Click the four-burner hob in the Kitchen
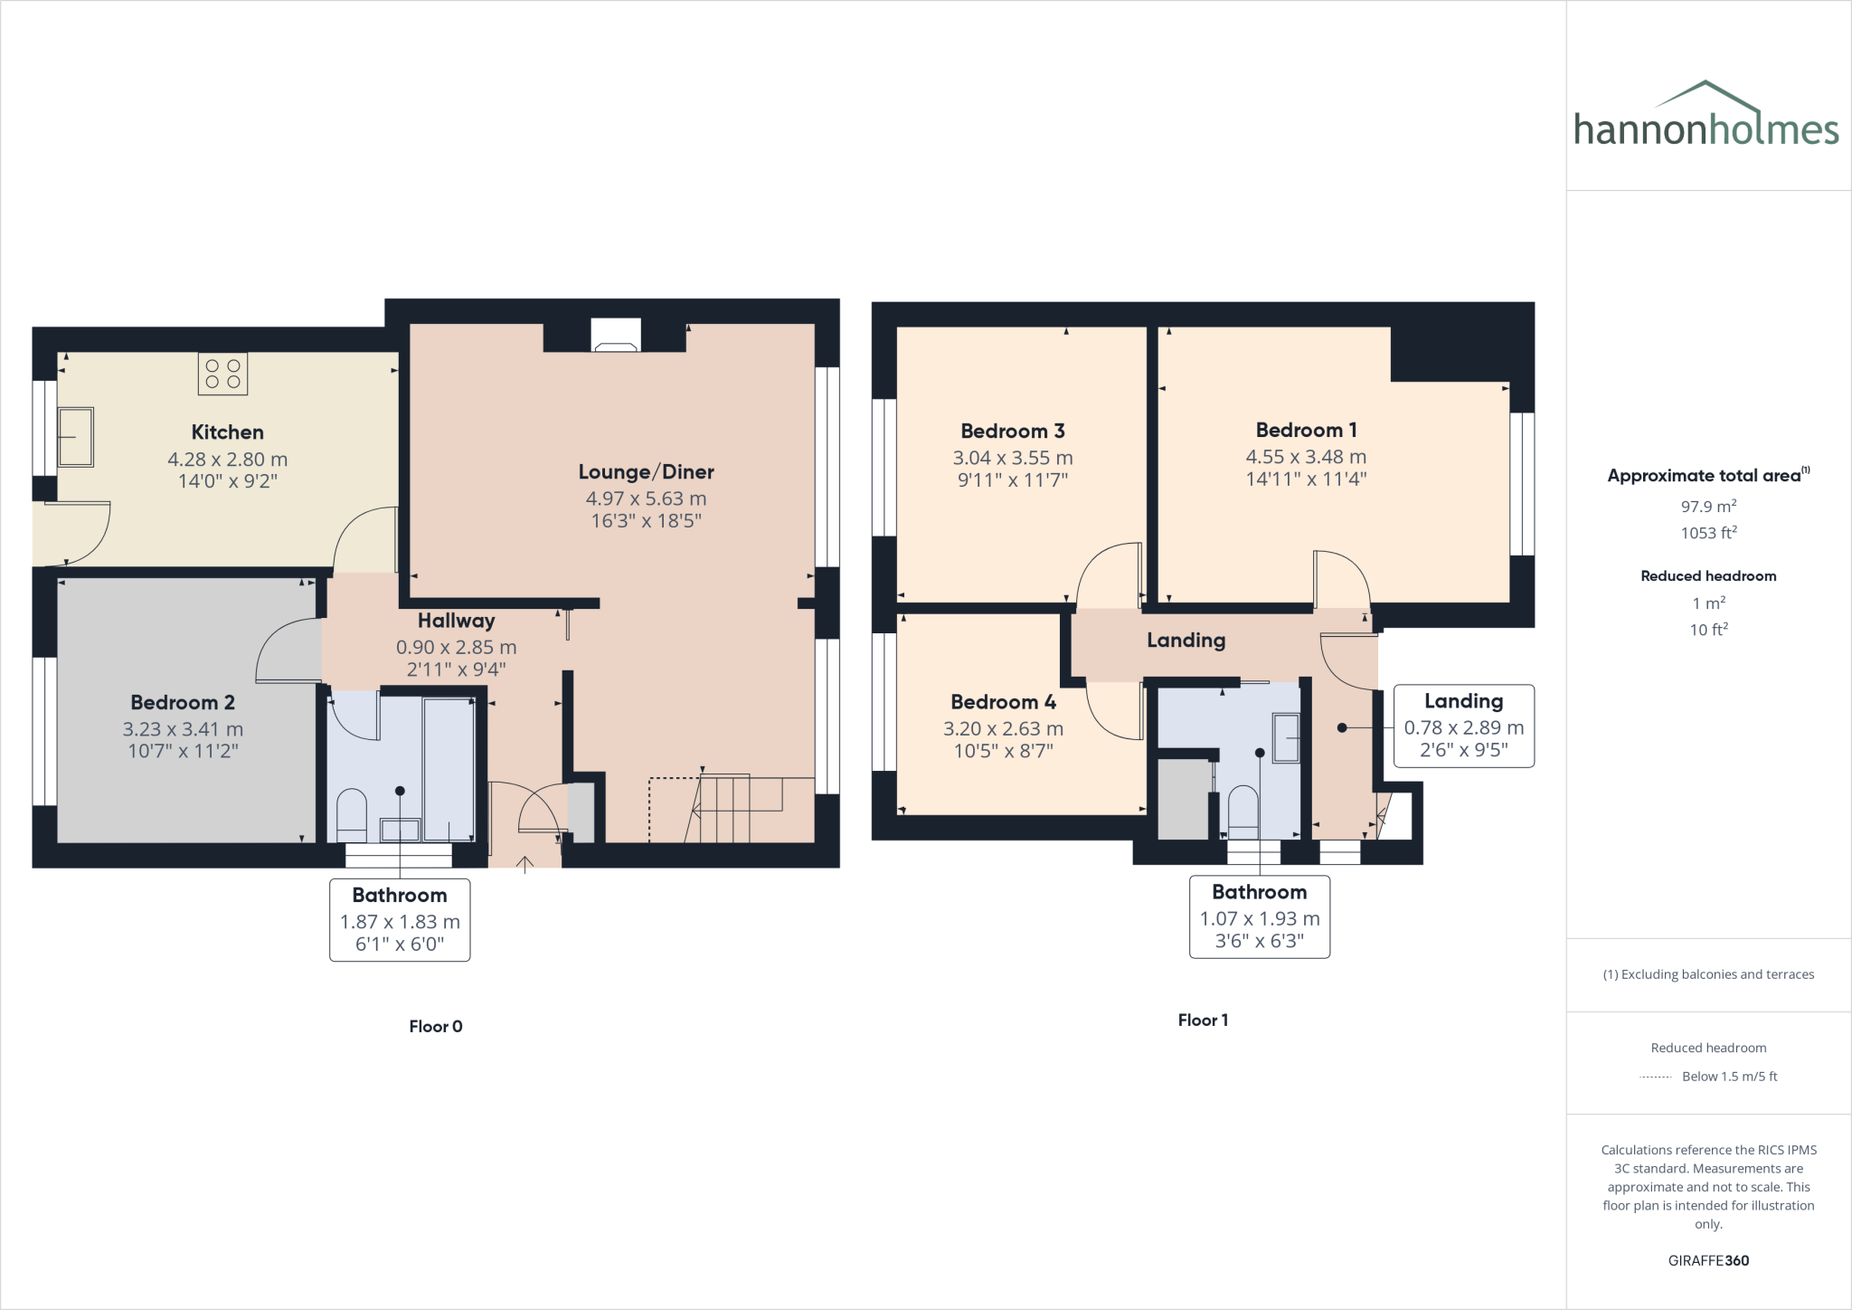(x=222, y=374)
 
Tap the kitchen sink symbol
(x=76, y=437)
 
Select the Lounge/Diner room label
(x=646, y=471)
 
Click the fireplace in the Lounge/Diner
(x=616, y=336)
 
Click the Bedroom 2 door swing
(x=288, y=650)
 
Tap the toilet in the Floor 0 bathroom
(x=351, y=814)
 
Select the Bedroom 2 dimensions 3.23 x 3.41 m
(x=183, y=729)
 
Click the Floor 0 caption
(x=435, y=1026)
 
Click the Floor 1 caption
(x=1203, y=1020)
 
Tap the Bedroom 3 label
(x=1012, y=431)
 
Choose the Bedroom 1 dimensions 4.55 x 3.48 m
(x=1305, y=457)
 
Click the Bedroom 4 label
(x=1003, y=702)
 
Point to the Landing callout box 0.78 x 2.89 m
(x=1463, y=726)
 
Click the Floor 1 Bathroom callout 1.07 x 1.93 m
(x=1259, y=917)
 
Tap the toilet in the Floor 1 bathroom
(x=1243, y=812)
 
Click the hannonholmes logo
(x=1706, y=118)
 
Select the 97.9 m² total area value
(x=1708, y=507)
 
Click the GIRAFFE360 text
(x=1708, y=1260)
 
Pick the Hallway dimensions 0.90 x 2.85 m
(x=456, y=648)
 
